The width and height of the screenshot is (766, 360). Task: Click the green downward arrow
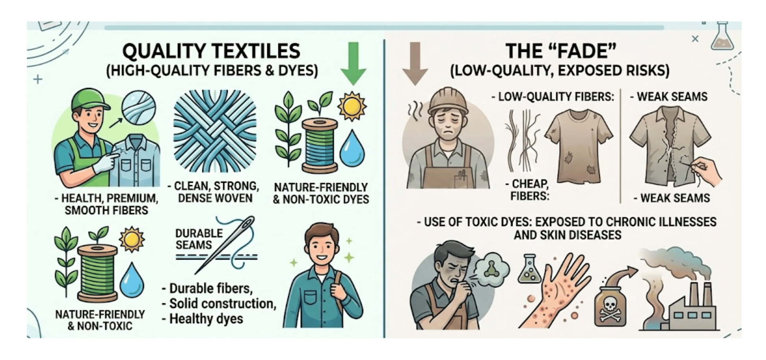coord(353,63)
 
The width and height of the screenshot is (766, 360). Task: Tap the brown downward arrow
coord(415,63)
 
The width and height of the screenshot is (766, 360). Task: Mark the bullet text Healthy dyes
coord(206,319)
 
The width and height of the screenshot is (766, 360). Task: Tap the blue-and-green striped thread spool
coord(320,146)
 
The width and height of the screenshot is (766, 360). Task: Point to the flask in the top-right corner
coord(722,37)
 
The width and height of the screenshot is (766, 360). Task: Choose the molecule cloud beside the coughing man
coord(492,268)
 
